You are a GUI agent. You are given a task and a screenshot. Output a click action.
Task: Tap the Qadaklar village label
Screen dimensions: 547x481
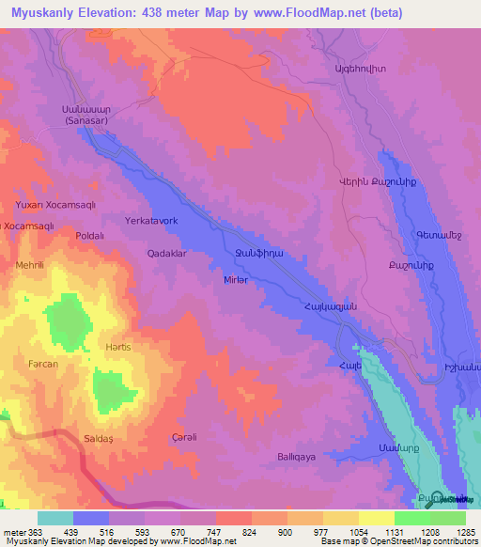pos(168,254)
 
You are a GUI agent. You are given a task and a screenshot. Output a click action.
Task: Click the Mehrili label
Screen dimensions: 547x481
pos(30,265)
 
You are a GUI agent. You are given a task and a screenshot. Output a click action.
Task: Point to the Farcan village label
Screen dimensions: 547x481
pos(43,364)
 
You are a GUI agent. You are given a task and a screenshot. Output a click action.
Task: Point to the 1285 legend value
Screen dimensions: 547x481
pos(466,531)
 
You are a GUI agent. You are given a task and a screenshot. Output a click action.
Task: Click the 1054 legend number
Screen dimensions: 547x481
pos(359,531)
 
